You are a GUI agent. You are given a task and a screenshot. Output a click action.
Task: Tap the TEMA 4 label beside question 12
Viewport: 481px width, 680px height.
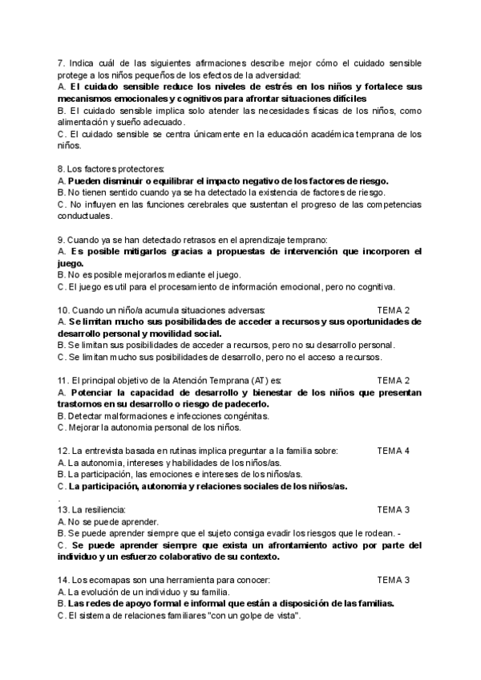pyautogui.click(x=393, y=451)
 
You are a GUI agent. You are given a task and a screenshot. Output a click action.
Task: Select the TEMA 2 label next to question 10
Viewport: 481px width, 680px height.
pyautogui.click(x=393, y=310)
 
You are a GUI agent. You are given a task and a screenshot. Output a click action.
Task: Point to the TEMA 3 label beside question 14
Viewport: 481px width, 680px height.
pyautogui.click(x=393, y=580)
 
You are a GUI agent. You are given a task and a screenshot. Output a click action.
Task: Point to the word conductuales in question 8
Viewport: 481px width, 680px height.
pyautogui.click(x=84, y=216)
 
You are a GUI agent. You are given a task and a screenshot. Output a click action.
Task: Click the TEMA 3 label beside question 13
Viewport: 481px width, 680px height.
pyautogui.click(x=393, y=509)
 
